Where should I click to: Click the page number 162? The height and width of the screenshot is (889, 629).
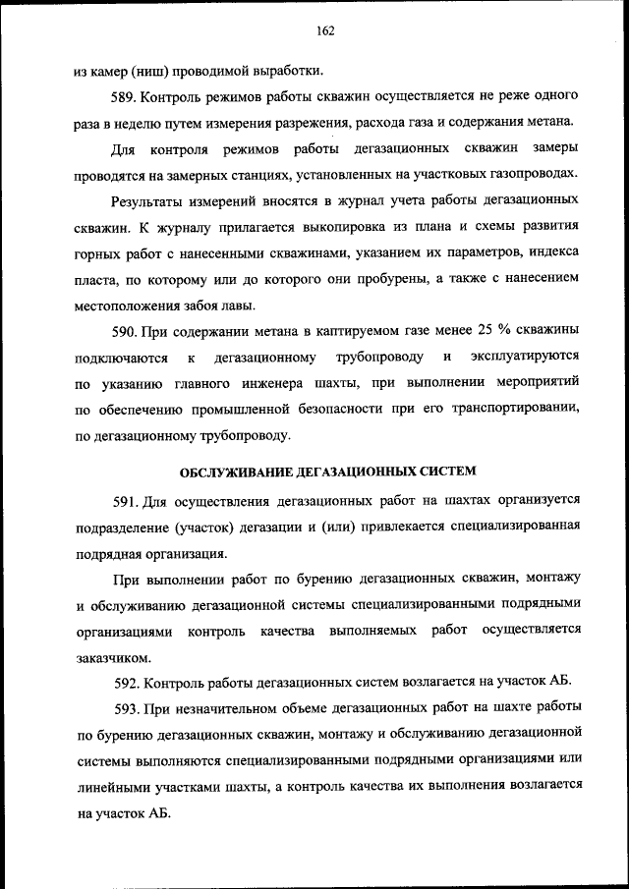coord(326,30)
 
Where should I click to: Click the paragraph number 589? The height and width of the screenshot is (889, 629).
coord(125,99)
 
